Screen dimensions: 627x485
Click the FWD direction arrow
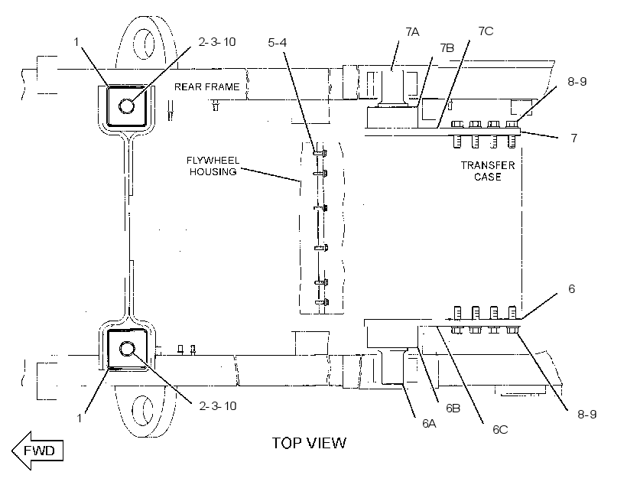37,450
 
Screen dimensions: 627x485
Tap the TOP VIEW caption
309,443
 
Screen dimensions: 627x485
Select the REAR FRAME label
206,87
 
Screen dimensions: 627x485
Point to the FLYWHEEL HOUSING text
213,166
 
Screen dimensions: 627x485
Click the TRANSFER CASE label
488,171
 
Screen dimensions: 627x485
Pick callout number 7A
412,31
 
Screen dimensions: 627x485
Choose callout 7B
447,48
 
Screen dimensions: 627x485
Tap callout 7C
486,31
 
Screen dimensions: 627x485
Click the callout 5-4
277,42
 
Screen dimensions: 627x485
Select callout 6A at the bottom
429,423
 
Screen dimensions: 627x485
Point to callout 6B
453,409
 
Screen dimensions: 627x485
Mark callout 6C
500,429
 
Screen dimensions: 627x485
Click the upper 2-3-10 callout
217,41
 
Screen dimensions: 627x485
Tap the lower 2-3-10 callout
218,405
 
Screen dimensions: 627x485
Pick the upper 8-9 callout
577,81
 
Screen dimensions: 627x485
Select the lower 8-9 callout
587,414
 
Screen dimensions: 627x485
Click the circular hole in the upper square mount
127,106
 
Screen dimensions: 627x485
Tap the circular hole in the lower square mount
127,349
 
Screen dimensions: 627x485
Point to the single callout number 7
574,138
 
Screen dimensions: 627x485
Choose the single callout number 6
571,288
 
